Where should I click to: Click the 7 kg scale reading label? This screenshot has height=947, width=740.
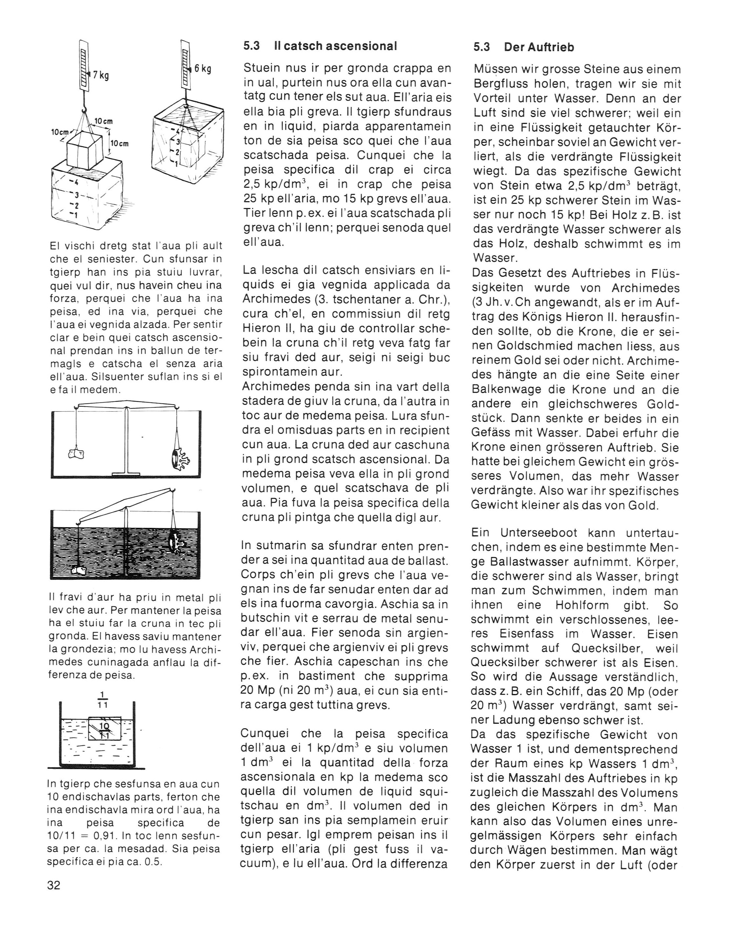pyautogui.click(x=100, y=75)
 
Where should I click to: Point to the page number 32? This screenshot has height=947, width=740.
pyautogui.click(x=54, y=885)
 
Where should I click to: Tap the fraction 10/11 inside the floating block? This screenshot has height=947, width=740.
pyautogui.click(x=104, y=729)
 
